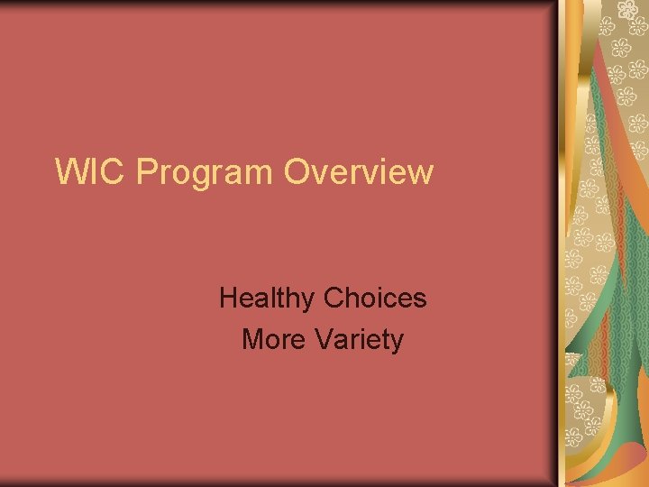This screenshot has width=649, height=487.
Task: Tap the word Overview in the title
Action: pos(359,170)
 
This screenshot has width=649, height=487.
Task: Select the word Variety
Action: pos(360,340)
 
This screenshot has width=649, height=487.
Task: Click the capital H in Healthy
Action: pos(229,298)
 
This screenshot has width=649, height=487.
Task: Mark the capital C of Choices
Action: pos(334,298)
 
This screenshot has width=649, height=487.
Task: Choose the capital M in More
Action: pos(253,339)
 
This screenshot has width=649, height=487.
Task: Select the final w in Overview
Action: pos(421,173)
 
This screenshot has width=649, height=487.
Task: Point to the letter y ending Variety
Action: pos(398,344)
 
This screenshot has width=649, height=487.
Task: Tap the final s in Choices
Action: pos(420,300)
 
